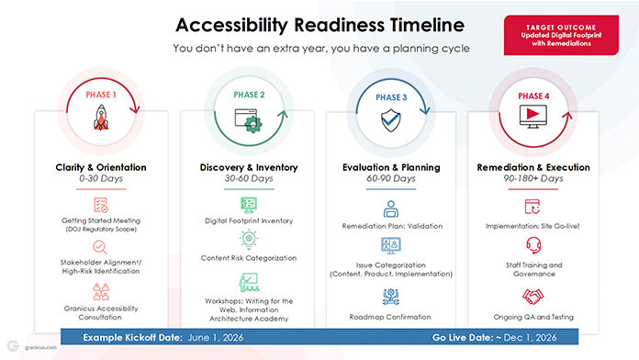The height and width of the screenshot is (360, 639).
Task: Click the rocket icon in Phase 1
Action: pyautogui.click(x=101, y=118)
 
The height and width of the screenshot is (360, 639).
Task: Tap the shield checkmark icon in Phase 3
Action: pyautogui.click(x=391, y=120)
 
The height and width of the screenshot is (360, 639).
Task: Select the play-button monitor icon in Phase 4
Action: pyautogui.click(x=533, y=117)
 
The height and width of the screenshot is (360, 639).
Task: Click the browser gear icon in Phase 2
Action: pyautogui.click(x=248, y=120)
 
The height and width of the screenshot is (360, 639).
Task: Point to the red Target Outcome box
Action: pyautogui.click(x=561, y=35)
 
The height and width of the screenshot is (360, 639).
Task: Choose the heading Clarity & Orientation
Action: pyautogui.click(x=101, y=167)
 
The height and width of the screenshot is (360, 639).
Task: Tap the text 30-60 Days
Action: pyautogui.click(x=249, y=178)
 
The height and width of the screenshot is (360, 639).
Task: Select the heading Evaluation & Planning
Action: pyautogui.click(x=391, y=167)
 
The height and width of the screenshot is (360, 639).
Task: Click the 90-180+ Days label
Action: pyautogui.click(x=533, y=178)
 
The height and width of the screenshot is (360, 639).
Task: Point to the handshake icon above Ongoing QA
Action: pyautogui.click(x=533, y=297)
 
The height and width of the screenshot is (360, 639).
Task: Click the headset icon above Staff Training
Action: pyautogui.click(x=533, y=245)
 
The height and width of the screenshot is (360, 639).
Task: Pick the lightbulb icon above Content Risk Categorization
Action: pyautogui.click(x=249, y=240)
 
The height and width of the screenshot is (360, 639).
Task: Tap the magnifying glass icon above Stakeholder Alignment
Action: pyautogui.click(x=100, y=247)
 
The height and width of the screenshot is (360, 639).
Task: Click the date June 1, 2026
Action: pyautogui.click(x=216, y=338)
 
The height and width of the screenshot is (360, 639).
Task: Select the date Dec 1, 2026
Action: pyautogui.click(x=530, y=338)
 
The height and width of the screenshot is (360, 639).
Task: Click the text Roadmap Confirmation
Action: pyautogui.click(x=390, y=317)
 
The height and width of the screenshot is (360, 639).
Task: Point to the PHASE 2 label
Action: pyautogui.click(x=249, y=95)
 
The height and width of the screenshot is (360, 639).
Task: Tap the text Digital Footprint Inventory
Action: pyautogui.click(x=249, y=220)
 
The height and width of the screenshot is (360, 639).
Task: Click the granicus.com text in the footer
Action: pyautogui.click(x=40, y=347)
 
